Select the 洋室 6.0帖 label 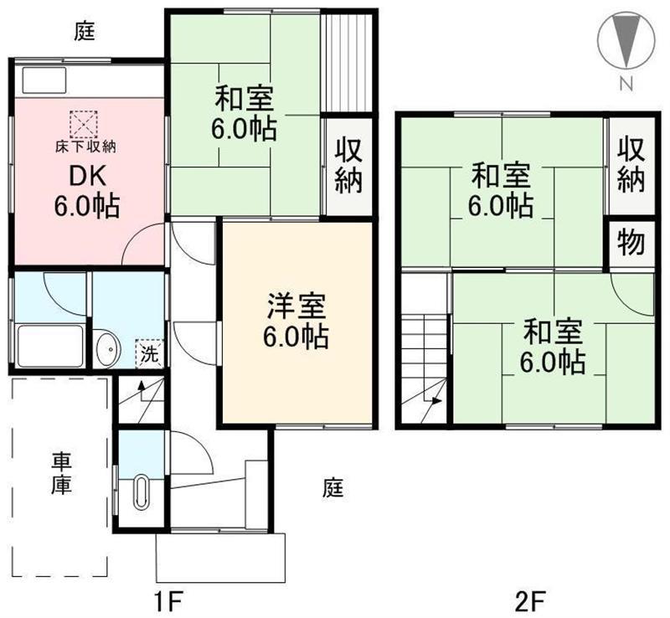pyautogui.click(x=297, y=322)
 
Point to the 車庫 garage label pyautogui.click(x=61, y=473)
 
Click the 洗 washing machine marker pyautogui.click(x=148, y=353)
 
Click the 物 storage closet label pyautogui.click(x=631, y=243)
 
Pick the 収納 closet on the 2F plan pyautogui.click(x=631, y=164)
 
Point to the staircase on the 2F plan pyautogui.click(x=425, y=360)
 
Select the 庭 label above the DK pyautogui.click(x=84, y=33)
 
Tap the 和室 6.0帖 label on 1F pyautogui.click(x=245, y=114)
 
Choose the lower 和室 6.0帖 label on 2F pyautogui.click(x=554, y=347)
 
